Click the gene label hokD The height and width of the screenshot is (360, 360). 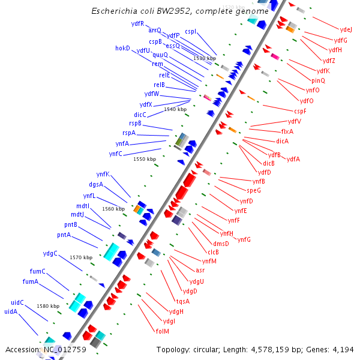coord(122,48)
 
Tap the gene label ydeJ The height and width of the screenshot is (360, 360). coord(346,29)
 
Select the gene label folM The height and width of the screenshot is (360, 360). coord(162,331)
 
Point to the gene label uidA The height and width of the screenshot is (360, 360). coord(11,311)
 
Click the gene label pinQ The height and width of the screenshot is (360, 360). coord(318,80)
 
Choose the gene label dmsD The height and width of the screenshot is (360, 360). coord(220,243)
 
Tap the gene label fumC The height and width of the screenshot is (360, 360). coord(38,271)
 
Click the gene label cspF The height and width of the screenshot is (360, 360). coord(300,111)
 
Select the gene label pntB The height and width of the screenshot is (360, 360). coord(71,224)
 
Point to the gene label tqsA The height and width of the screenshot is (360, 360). coord(182,301)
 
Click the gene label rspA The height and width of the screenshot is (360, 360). coord(128,133)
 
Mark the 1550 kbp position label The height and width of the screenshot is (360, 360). coord(145,159)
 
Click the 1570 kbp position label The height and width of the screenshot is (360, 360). coord(81,257)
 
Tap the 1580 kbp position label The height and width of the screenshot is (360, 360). coord(48,306)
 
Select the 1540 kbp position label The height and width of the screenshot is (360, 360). coord(175,109)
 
